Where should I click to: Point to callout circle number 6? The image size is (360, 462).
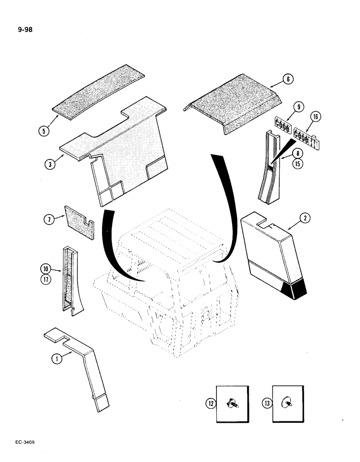coord(288,79)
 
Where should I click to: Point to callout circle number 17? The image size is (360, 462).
coord(46,278)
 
